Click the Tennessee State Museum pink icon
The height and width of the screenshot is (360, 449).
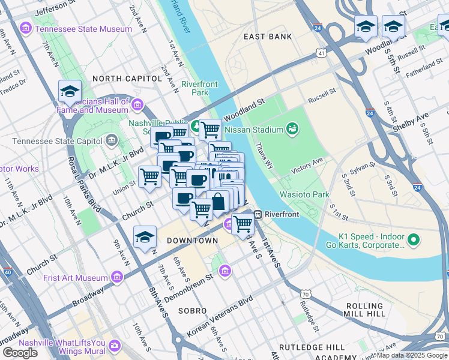click(26, 29)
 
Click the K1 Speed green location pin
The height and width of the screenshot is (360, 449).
click(412, 241)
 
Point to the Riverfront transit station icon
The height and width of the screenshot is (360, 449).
click(258, 214)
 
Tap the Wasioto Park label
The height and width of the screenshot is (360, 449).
click(304, 195)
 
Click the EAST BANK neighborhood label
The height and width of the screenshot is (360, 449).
click(268, 37)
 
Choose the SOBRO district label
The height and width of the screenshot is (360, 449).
click(192, 311)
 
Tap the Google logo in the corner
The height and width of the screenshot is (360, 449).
click(20, 352)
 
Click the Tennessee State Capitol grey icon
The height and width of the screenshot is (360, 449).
click(111, 141)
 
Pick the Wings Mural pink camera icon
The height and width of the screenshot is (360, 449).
click(114, 346)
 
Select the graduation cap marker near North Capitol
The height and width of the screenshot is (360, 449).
click(70, 91)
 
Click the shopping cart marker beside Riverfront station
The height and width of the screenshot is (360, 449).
click(243, 224)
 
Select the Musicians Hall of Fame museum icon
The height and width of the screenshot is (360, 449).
click(137, 106)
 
